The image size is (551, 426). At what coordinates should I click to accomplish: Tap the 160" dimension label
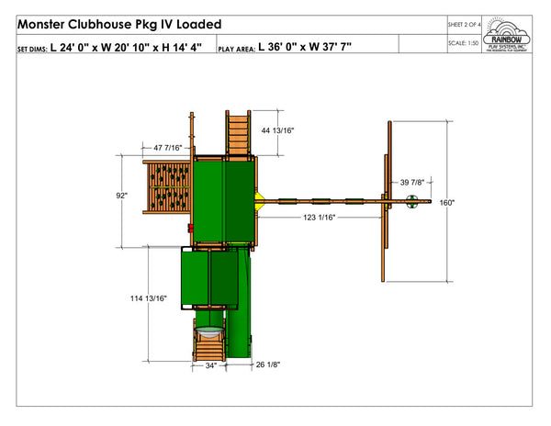tap(447, 203)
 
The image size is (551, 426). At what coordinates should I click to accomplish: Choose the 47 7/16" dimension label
tap(168, 147)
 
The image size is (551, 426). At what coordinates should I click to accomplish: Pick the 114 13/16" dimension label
tap(148, 298)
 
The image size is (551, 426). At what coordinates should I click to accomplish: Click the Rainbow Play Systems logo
tap(509, 34)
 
